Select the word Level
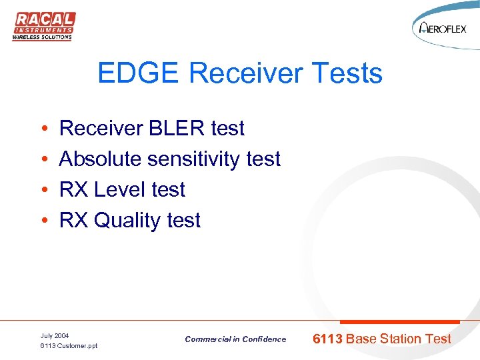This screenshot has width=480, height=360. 121,189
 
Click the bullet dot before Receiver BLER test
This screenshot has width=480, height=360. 43,129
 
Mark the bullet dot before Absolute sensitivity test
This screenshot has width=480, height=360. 43,159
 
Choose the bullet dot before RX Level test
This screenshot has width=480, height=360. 43,190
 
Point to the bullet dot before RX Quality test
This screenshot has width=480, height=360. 43,221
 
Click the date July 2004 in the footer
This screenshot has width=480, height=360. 55,335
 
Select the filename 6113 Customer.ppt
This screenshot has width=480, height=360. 69,346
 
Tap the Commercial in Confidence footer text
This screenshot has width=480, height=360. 235,339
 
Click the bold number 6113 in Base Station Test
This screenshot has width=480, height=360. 328,339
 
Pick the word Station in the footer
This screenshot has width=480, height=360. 402,339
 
